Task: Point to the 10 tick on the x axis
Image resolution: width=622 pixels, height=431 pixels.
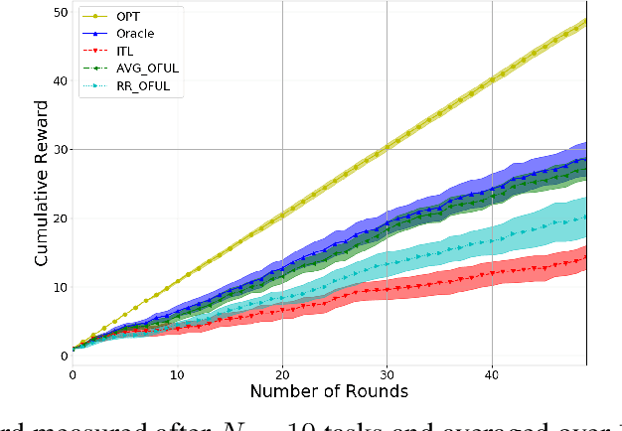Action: [177, 375]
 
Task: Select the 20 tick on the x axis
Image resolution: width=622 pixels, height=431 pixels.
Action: [282, 375]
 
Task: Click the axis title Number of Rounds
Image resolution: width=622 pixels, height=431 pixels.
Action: [329, 392]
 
